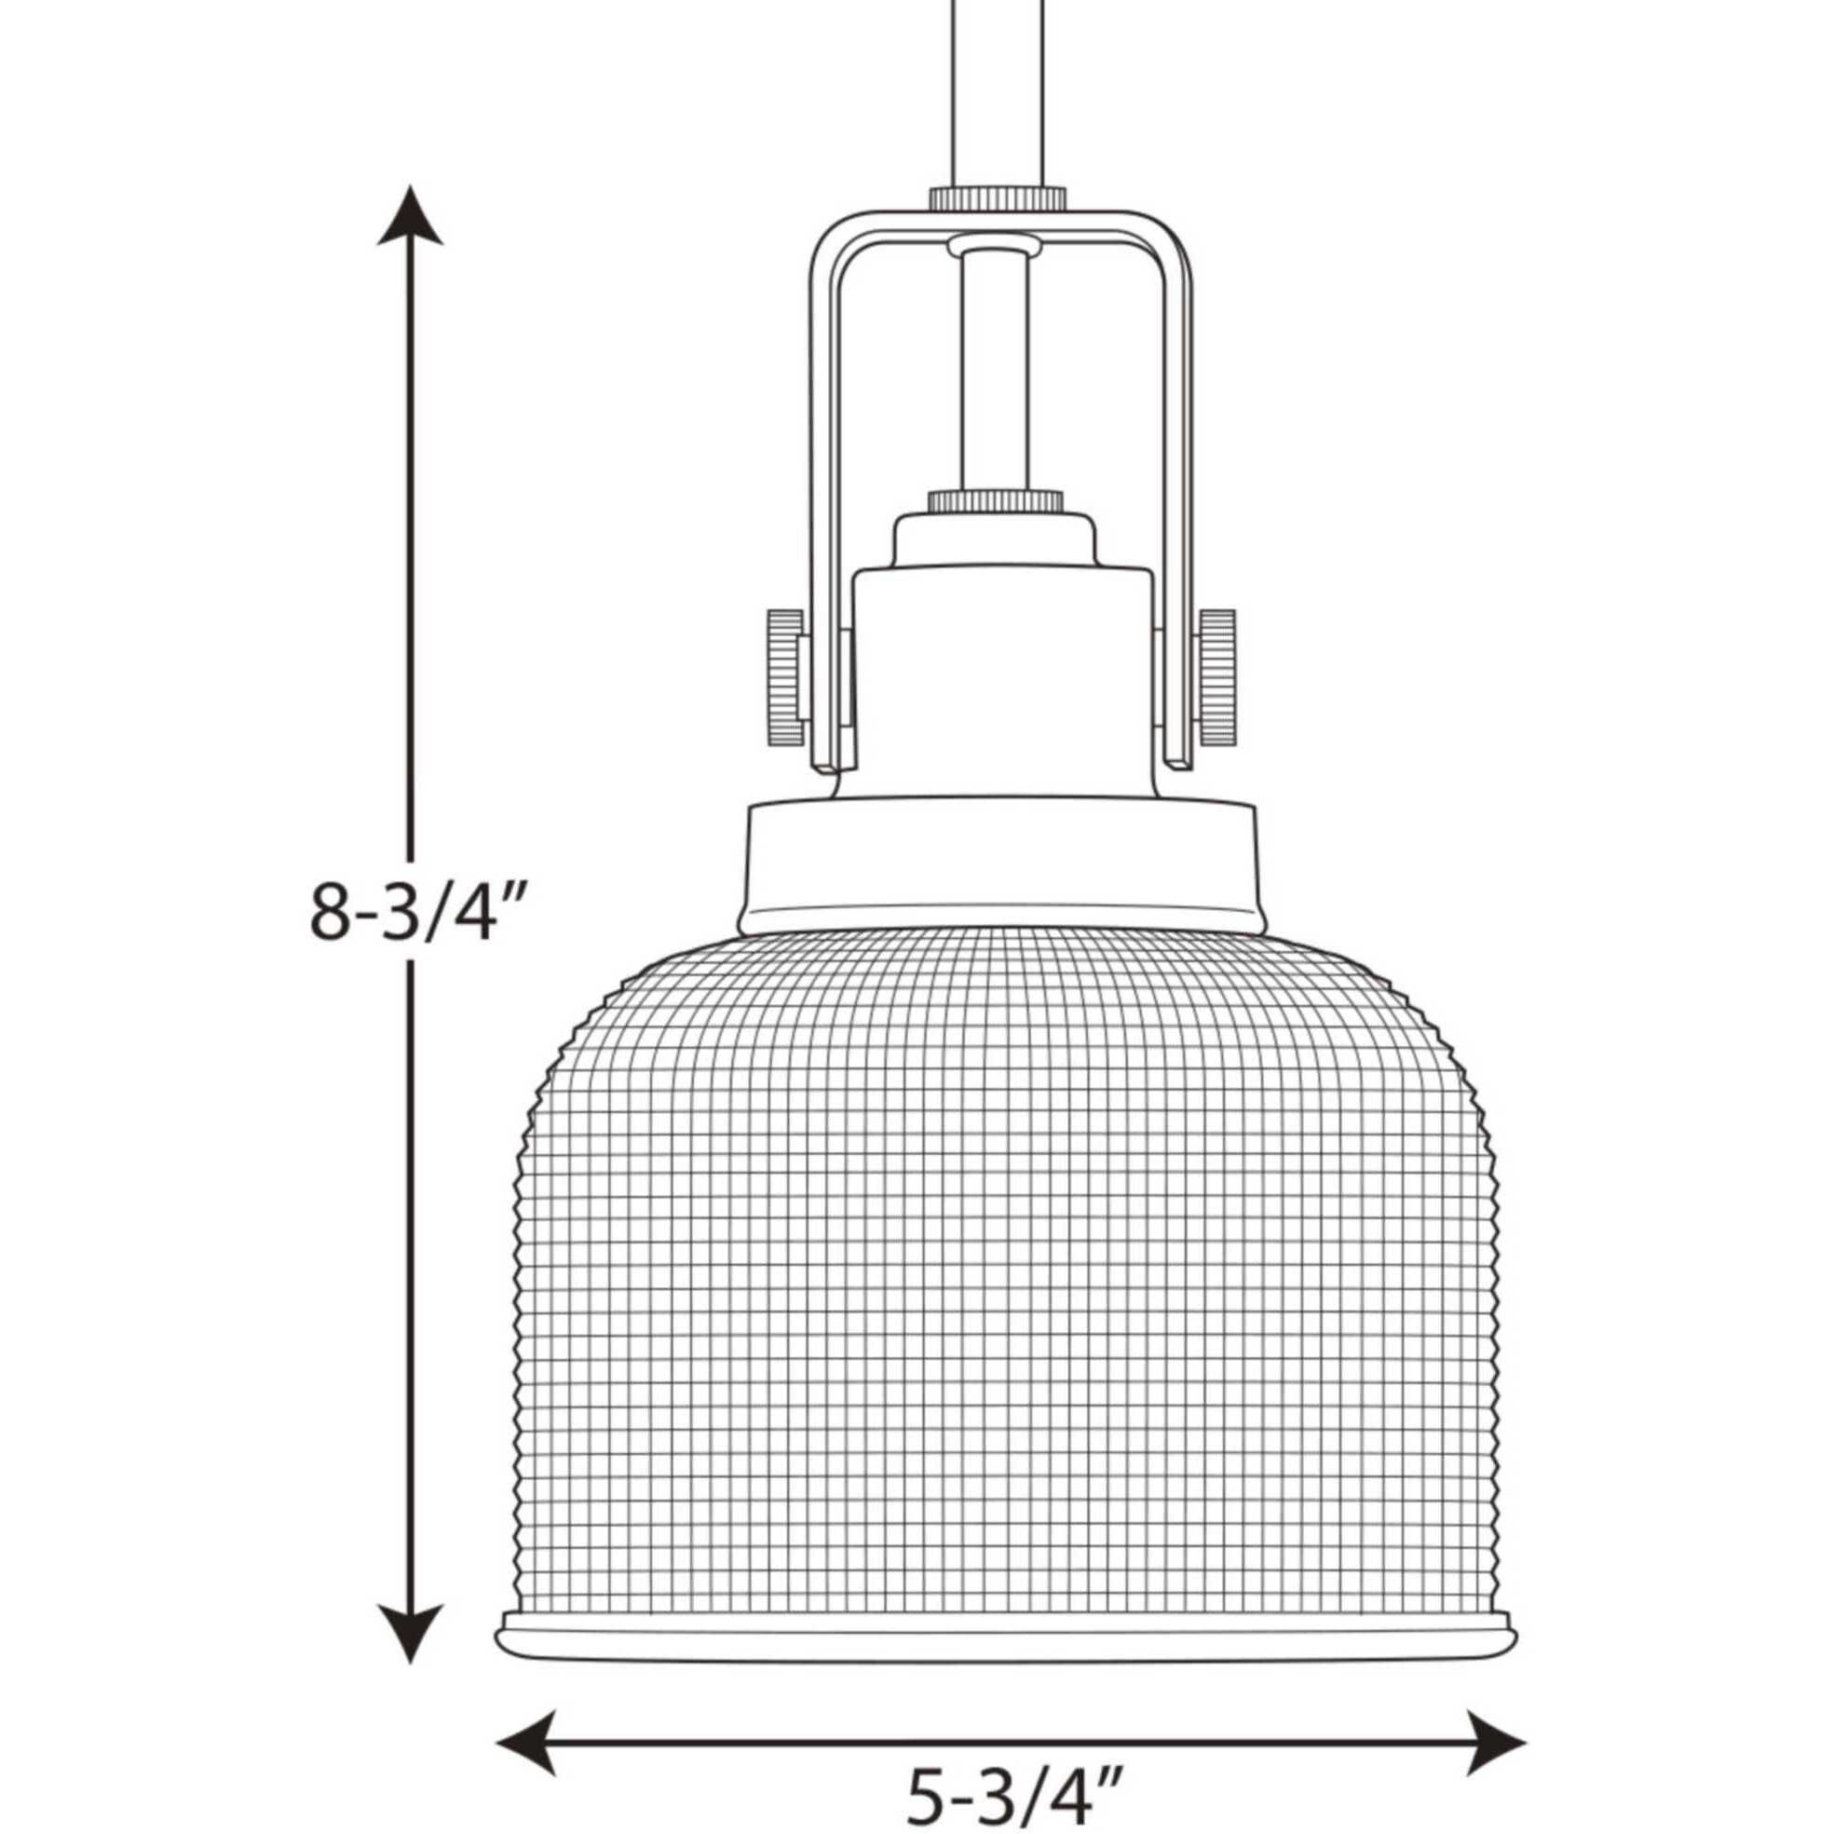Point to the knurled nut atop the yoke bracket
click(996, 199)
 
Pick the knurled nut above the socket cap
click(994, 500)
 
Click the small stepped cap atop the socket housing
click(994, 541)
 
